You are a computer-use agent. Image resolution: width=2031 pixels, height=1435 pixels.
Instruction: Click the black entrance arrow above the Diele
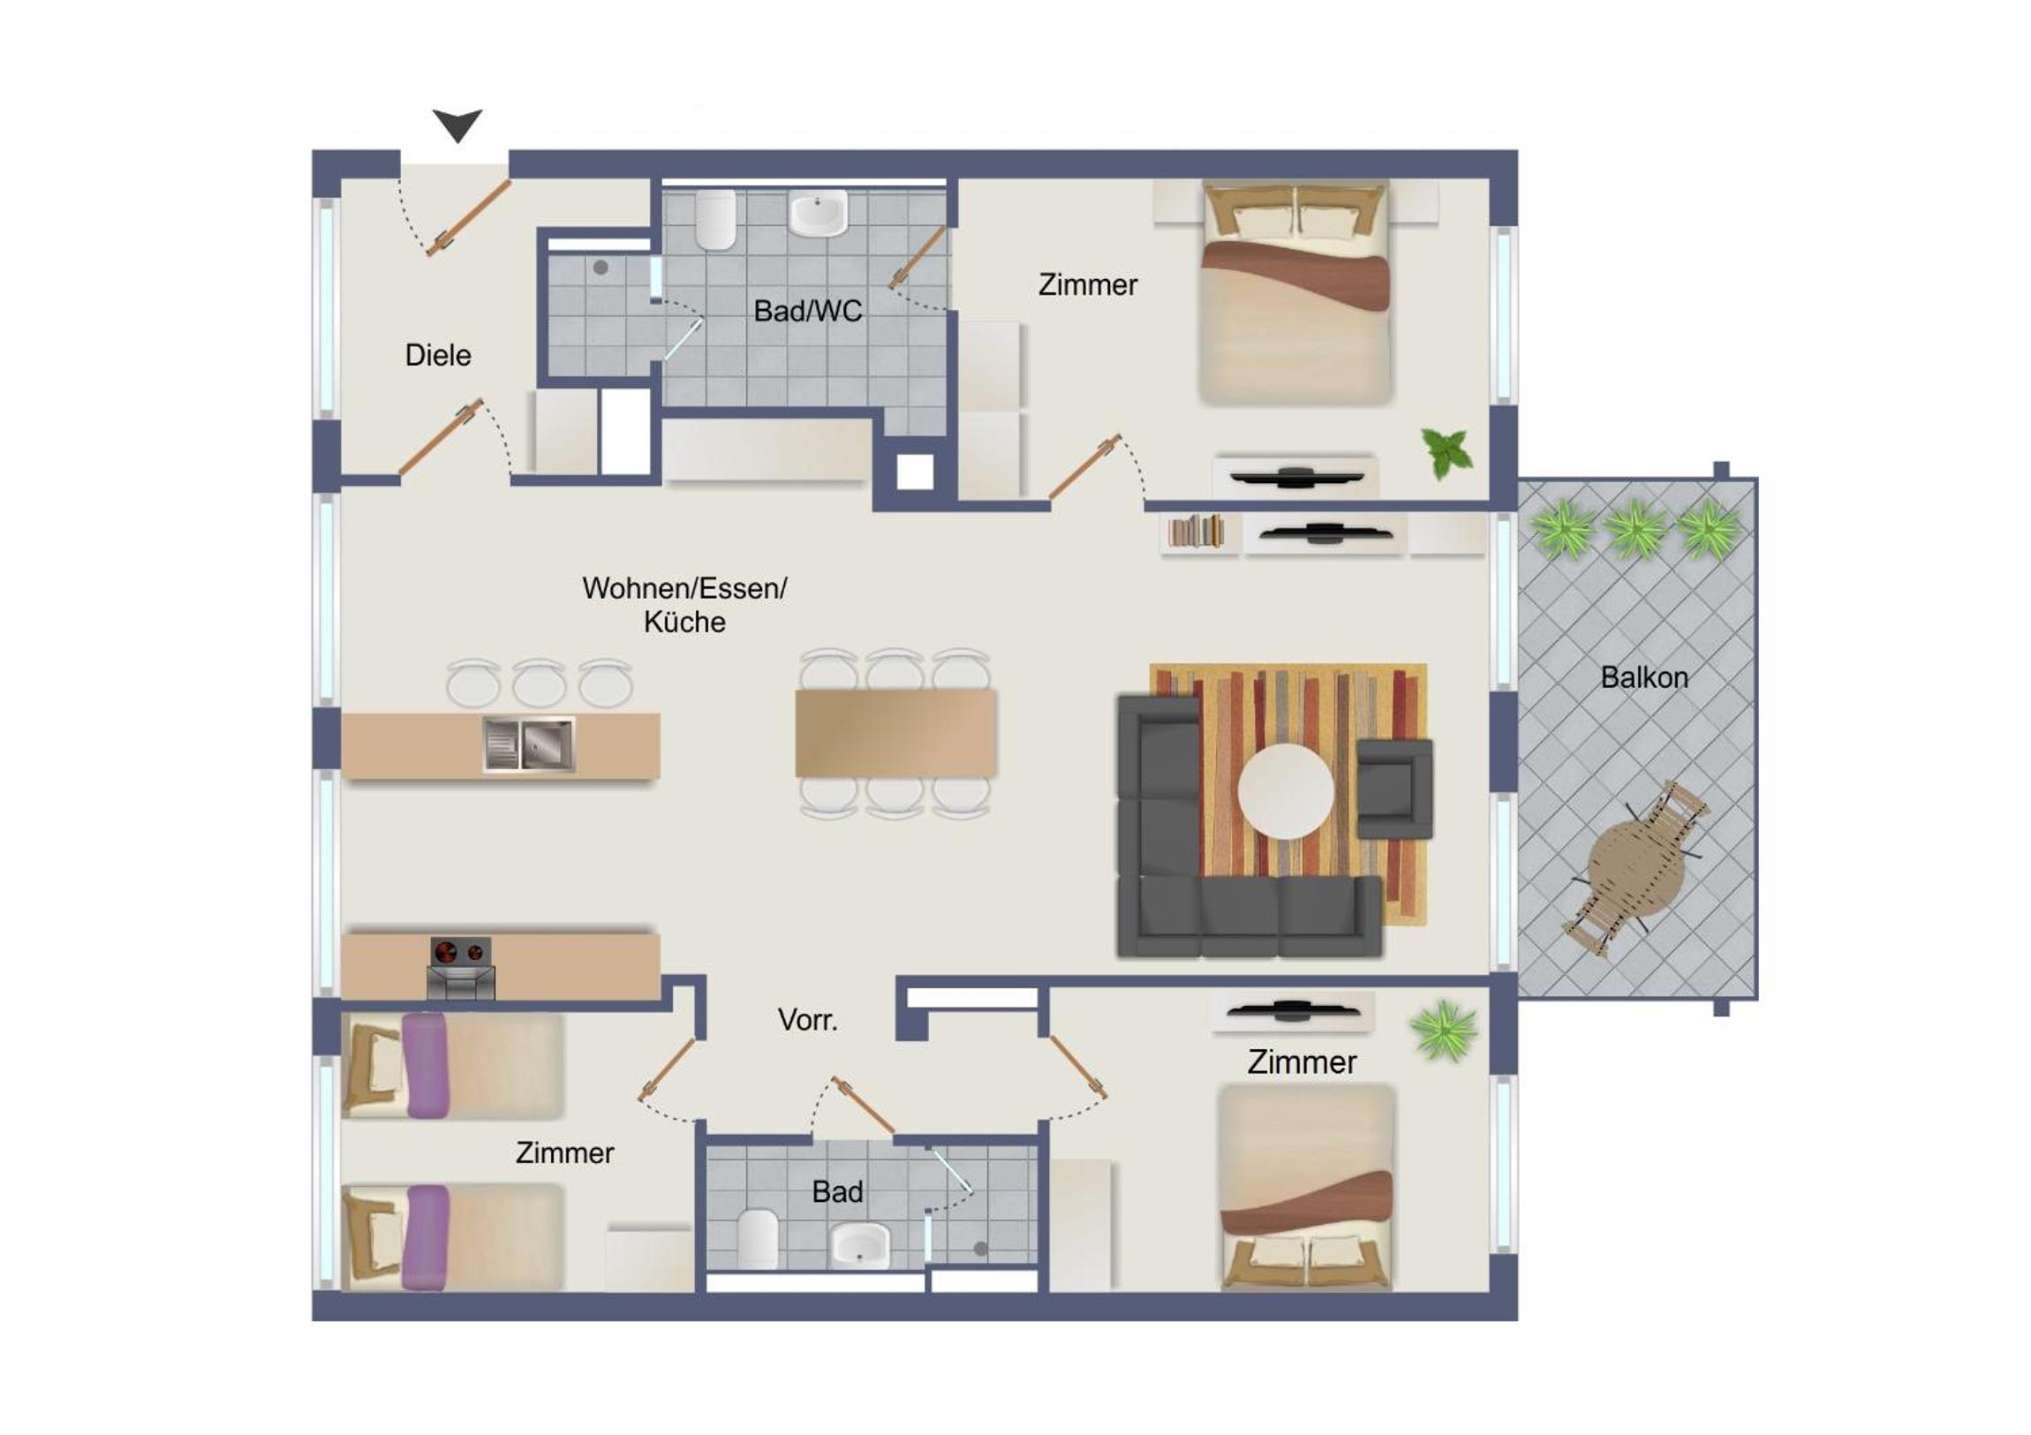click(x=457, y=124)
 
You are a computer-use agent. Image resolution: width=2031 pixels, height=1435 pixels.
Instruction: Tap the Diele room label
click(x=438, y=355)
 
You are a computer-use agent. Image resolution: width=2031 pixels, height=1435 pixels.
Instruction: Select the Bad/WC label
click(x=808, y=311)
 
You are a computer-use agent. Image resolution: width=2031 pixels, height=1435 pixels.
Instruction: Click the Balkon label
click(x=1644, y=677)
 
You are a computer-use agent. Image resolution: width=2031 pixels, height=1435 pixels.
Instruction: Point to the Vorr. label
click(x=808, y=1020)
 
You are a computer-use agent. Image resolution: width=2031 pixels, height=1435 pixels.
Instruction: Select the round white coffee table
click(x=1287, y=791)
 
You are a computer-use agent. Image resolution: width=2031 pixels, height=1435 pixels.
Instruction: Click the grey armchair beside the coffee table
click(x=1394, y=789)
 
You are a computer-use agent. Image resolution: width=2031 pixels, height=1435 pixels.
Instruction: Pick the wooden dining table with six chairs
click(x=896, y=734)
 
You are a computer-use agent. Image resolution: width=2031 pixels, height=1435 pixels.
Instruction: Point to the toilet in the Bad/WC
click(x=715, y=221)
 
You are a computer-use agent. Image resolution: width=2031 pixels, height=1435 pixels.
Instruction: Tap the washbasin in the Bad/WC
click(x=819, y=215)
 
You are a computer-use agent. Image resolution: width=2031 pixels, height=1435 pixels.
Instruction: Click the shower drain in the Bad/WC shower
click(x=600, y=268)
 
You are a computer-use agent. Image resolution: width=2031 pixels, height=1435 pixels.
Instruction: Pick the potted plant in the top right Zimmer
click(x=1446, y=453)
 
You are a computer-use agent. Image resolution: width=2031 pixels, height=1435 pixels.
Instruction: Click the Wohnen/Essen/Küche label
click(x=684, y=605)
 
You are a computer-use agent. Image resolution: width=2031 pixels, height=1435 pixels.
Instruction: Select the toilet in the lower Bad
click(x=758, y=1237)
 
